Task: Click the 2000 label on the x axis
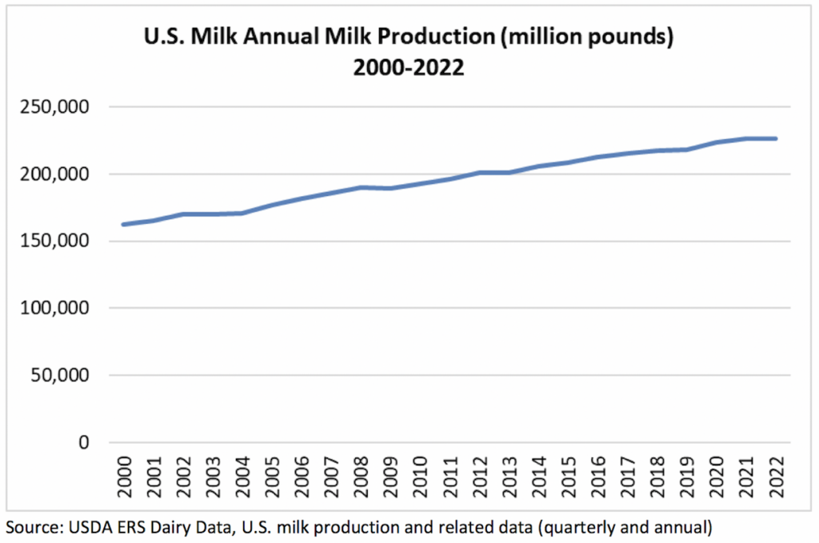click(124, 476)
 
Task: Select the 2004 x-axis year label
click(242, 476)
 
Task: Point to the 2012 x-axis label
click(480, 476)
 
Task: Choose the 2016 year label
click(598, 476)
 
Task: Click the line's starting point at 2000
click(123, 225)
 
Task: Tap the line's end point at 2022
click(776, 138)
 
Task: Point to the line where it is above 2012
click(480, 172)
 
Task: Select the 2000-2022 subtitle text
click(409, 68)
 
